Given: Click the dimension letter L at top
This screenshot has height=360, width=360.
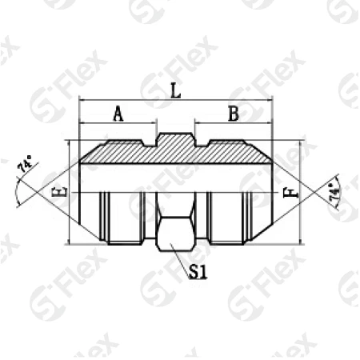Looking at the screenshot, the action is point(176,90).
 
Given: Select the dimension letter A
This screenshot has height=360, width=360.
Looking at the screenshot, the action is point(118,114).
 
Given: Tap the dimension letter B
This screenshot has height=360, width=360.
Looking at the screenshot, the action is point(234,114).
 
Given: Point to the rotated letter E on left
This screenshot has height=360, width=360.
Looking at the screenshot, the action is point(63,191).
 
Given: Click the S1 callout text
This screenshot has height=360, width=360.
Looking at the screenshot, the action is point(198,272).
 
